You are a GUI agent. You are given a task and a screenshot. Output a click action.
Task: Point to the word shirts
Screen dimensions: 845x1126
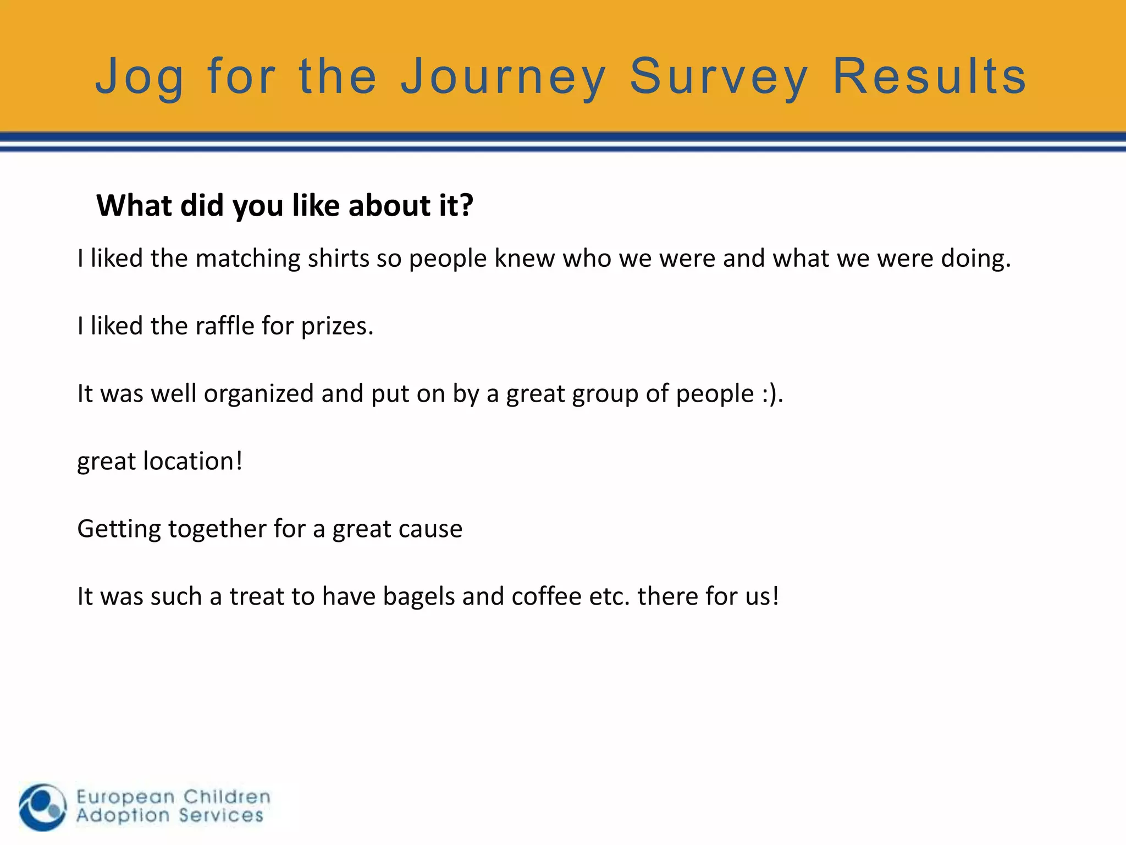click(338, 259)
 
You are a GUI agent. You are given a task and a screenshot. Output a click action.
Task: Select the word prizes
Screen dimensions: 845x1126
click(336, 327)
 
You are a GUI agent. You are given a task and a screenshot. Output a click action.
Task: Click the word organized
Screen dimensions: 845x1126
click(258, 394)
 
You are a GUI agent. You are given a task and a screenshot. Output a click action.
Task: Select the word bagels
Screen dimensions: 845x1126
click(418, 596)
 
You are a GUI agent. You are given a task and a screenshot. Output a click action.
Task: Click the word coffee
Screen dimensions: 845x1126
click(546, 596)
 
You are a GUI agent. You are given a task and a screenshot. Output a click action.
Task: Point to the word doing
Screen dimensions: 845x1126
click(975, 259)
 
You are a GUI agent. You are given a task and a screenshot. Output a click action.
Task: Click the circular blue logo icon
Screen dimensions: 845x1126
click(42, 807)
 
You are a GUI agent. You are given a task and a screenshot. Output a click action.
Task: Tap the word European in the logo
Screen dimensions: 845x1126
click(125, 797)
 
